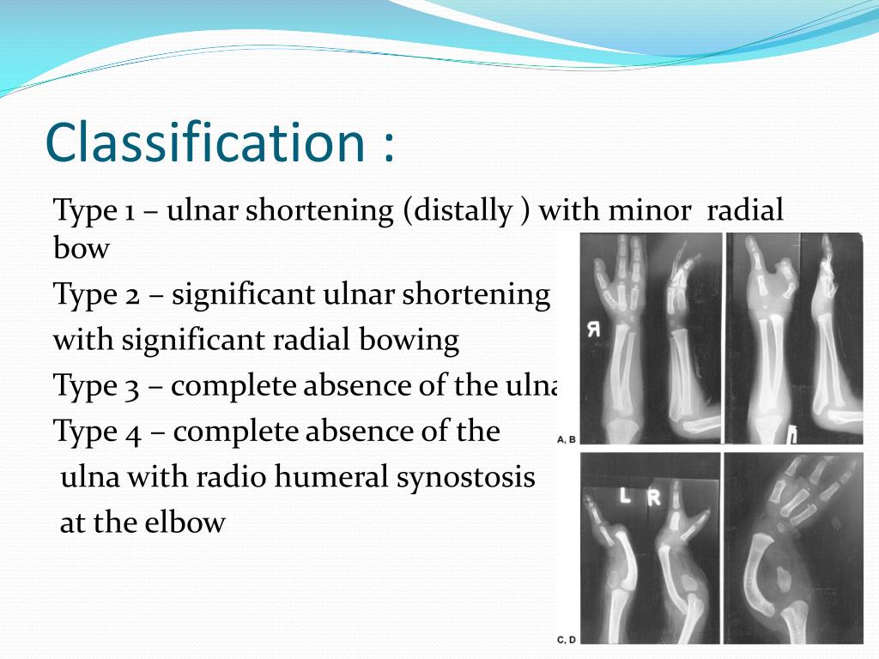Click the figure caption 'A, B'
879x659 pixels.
tap(567, 439)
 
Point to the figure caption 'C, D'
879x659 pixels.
tap(567, 639)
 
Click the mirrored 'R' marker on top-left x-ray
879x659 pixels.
tap(592, 329)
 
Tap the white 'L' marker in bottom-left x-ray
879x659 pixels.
tap(625, 496)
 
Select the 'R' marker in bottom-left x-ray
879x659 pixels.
tap(654, 497)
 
